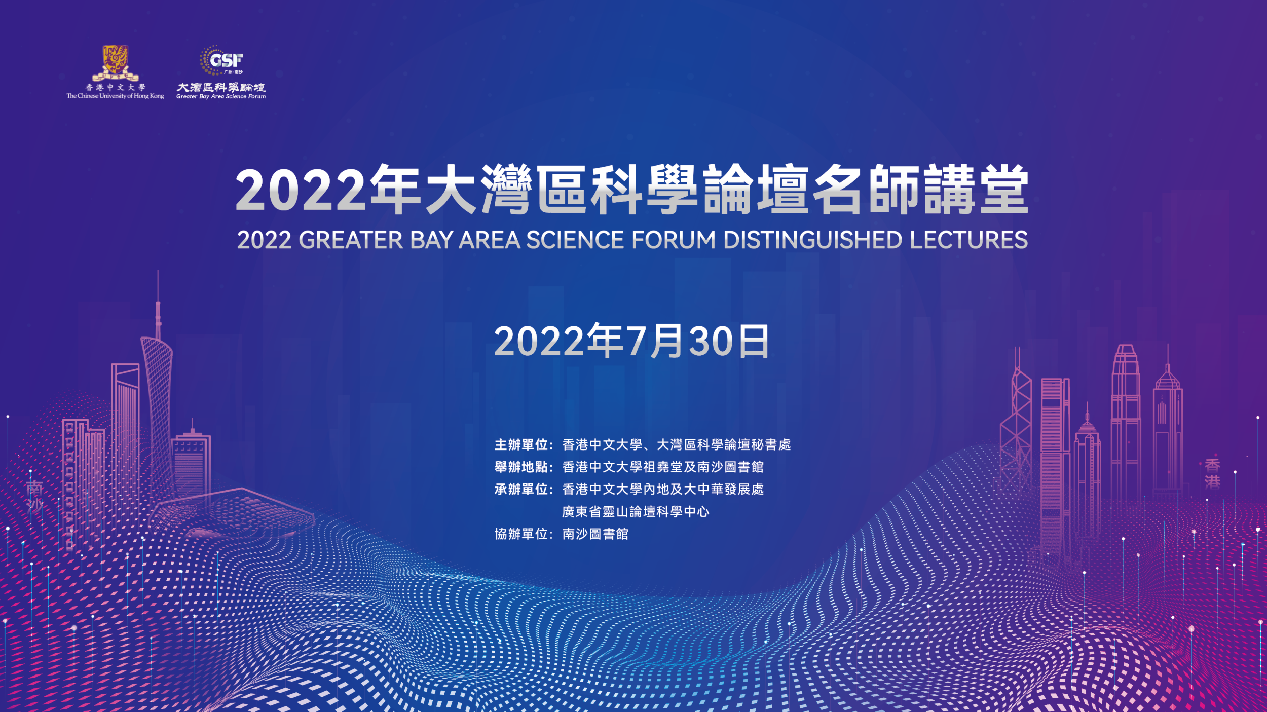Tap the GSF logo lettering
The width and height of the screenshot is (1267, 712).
click(226, 60)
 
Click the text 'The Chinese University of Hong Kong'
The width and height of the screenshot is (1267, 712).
click(115, 96)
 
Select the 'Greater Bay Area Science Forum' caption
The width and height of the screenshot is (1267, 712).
click(221, 96)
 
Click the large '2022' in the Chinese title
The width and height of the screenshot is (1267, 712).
click(301, 190)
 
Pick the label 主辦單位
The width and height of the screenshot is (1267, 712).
click(521, 445)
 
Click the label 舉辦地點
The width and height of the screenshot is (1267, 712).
click(521, 467)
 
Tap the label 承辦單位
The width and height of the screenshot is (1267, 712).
click(521, 489)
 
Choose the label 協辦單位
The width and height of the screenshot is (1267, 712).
click(521, 534)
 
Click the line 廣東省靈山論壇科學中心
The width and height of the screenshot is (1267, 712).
click(636, 512)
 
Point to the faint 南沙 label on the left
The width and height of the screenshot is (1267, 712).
click(34, 496)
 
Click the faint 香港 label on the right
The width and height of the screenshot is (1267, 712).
click(1213, 473)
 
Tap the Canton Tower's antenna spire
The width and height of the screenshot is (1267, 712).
click(158, 304)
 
